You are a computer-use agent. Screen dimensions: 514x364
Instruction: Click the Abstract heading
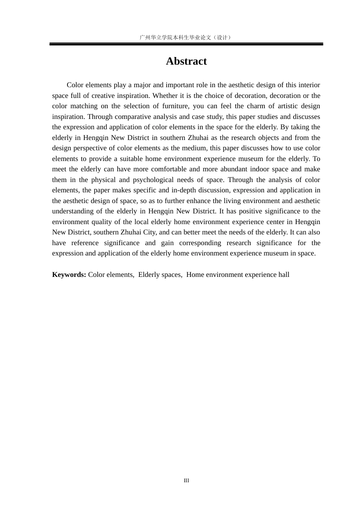tap(186, 61)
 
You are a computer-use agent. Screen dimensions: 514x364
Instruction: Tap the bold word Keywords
tap(69, 275)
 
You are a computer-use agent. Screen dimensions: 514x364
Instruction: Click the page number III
tap(186, 481)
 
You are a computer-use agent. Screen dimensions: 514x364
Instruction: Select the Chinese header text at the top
tap(186, 37)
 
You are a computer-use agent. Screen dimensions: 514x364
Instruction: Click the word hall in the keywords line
tap(284, 275)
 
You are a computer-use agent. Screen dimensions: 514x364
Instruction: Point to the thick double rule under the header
tap(186, 44)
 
